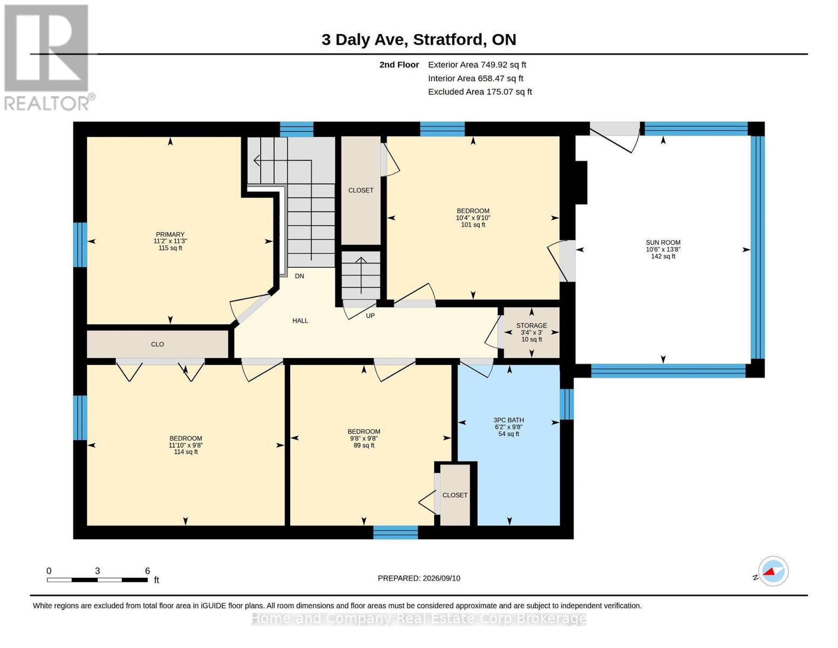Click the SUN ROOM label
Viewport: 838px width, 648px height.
(663, 242)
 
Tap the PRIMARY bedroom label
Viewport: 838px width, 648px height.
(170, 234)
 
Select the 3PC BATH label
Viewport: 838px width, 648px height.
(509, 420)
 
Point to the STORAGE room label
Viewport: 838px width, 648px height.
(532, 326)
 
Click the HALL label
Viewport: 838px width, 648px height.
(300, 320)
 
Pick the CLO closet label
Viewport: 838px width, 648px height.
(158, 344)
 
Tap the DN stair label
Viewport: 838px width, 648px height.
(299, 276)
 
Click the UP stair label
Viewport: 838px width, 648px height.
(370, 316)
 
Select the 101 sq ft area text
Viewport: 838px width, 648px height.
(473, 225)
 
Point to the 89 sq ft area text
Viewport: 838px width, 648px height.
(364, 445)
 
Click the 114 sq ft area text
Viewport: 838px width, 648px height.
(186, 451)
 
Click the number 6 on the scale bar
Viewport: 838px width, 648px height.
(147, 570)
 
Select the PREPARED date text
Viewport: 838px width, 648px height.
(419, 578)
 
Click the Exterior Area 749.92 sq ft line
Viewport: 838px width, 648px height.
(477, 65)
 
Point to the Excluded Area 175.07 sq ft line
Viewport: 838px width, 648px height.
(480, 92)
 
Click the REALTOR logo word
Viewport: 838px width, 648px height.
(47, 104)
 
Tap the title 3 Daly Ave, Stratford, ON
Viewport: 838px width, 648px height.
(419, 39)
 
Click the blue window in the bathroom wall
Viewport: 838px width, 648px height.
(567, 404)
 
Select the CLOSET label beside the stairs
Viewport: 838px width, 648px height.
(360, 190)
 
